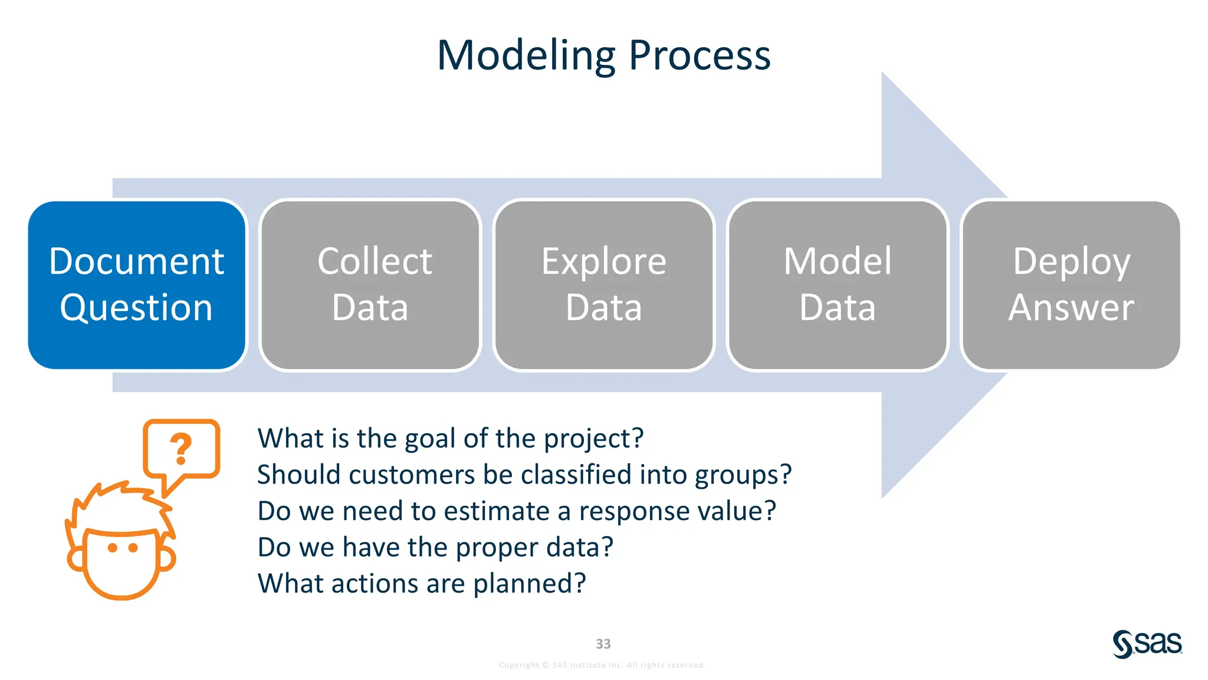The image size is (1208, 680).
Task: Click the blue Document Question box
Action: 137,285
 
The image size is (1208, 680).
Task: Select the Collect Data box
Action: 370,285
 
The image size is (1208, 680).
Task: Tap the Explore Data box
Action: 604,285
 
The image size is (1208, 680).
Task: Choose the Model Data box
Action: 838,285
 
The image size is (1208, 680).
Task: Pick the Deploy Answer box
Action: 1071,285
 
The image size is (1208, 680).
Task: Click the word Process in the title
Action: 700,55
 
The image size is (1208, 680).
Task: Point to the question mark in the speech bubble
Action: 180,449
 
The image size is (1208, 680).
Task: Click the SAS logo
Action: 1147,643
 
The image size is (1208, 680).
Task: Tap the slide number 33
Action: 603,644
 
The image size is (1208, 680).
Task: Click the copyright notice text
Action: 602,665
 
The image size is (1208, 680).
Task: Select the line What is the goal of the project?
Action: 450,439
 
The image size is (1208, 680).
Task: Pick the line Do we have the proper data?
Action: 435,547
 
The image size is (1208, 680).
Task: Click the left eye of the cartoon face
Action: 112,548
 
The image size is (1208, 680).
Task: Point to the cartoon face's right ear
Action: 168,558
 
